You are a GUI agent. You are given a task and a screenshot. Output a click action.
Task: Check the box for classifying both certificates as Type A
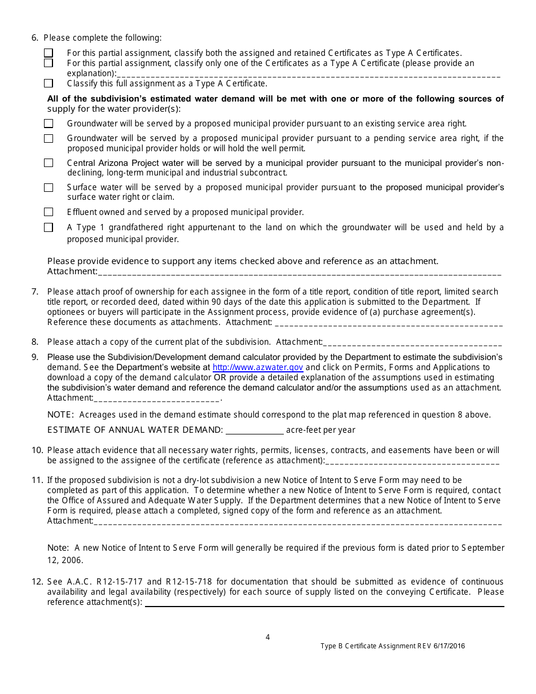click(x=49, y=53)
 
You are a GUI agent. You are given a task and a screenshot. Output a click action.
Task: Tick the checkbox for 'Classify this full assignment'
click(x=49, y=84)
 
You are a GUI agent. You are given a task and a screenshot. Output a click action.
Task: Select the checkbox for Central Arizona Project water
click(x=49, y=163)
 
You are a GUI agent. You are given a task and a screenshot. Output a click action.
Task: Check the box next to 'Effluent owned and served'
click(x=49, y=212)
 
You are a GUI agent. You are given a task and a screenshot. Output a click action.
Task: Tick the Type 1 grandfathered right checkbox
click(x=49, y=227)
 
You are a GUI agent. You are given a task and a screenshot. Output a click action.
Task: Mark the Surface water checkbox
click(x=49, y=187)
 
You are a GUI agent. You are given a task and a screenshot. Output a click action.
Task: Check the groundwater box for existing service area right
click(x=49, y=123)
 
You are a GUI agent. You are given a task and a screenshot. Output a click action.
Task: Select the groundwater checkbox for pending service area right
click(x=49, y=138)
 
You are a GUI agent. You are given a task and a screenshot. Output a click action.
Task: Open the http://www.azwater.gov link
click(x=257, y=367)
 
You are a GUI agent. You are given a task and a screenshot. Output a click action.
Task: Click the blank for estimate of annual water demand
click(x=254, y=430)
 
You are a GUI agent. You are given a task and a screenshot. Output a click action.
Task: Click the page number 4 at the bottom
click(x=268, y=637)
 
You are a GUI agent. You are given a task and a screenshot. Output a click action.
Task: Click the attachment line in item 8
click(x=412, y=342)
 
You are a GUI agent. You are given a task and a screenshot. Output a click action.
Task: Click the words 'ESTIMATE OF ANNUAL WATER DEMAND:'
click(x=135, y=430)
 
